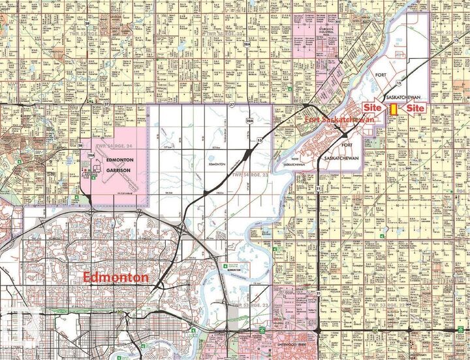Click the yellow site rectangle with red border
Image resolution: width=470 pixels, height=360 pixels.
click(394, 108)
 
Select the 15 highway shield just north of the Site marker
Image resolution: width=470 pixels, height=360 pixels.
click(397, 84)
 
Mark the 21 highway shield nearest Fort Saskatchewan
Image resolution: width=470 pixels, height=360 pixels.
click(319, 188)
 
